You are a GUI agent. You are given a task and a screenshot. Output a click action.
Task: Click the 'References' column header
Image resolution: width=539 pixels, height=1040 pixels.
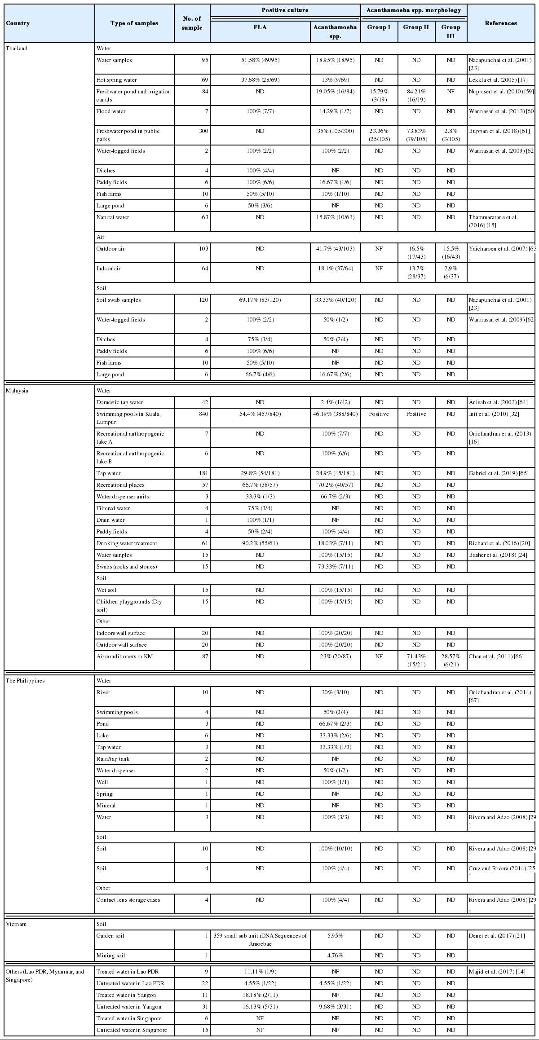tap(500, 23)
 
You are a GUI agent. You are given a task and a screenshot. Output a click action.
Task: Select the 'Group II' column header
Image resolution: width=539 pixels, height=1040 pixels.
tap(416, 27)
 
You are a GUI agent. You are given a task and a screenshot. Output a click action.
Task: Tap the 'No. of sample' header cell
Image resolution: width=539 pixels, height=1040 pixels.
tap(192, 23)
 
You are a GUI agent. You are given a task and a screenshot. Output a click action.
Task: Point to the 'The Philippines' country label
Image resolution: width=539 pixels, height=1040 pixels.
tap(25, 680)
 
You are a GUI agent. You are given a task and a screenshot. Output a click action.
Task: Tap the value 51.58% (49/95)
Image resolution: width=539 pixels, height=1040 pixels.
tap(260, 60)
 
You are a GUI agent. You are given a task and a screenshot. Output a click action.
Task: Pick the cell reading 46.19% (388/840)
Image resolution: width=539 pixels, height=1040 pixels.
tap(335, 414)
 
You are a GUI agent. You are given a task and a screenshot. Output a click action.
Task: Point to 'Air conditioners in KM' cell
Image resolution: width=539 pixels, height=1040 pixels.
tap(124, 657)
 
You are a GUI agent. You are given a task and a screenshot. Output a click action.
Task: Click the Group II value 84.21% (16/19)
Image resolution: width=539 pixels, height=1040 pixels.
tap(416, 95)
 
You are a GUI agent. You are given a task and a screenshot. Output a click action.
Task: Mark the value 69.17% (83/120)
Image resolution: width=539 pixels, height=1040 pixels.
tap(260, 300)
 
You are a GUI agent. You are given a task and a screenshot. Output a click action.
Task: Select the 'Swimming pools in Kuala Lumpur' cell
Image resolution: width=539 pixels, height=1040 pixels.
tap(128, 418)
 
